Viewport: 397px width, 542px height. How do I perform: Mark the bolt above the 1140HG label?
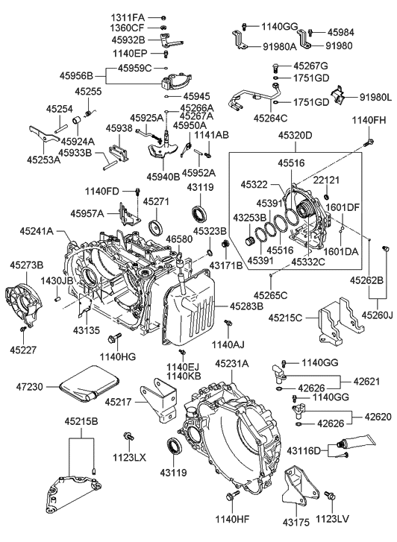point(113,338)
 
